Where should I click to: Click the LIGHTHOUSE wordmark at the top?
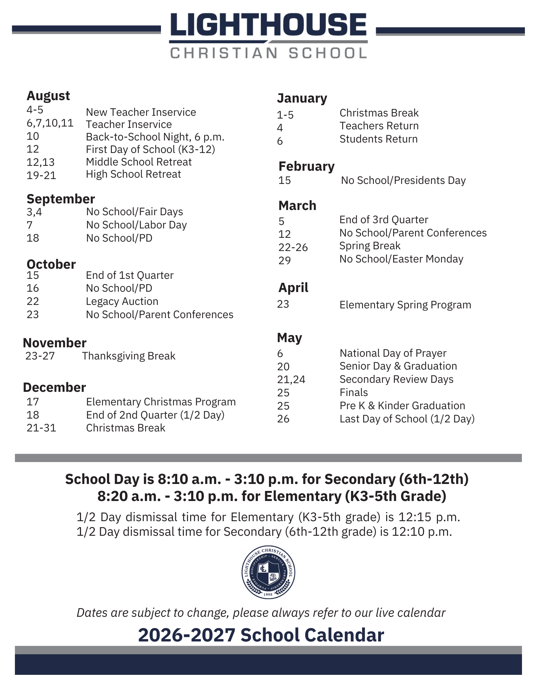click(268, 25)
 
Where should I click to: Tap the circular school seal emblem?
click(268, 572)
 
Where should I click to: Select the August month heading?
click(48, 96)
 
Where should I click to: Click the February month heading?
click(306, 167)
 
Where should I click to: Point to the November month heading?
click(55, 343)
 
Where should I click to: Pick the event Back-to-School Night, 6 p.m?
click(155, 137)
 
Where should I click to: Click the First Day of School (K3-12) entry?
click(150, 149)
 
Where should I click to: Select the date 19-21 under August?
click(41, 175)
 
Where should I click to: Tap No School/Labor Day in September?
click(136, 225)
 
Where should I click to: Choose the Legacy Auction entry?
click(122, 301)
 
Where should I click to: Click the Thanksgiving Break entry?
click(129, 356)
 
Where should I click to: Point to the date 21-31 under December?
click(41, 428)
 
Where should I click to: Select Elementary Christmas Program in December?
click(161, 402)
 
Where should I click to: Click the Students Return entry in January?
click(379, 139)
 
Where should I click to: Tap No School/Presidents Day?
click(403, 180)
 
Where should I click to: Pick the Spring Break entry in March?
click(370, 246)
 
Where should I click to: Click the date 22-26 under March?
click(293, 247)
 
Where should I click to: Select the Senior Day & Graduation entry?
click(398, 366)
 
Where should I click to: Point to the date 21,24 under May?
click(291, 379)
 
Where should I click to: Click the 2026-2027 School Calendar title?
click(261, 635)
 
